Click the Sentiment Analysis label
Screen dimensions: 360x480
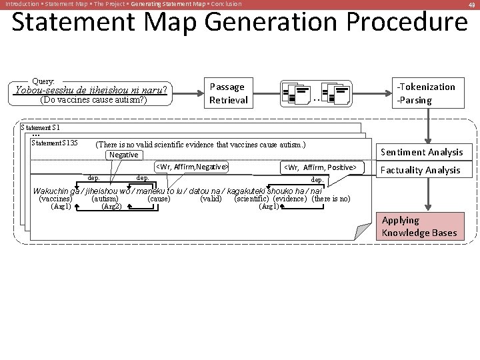[421, 152]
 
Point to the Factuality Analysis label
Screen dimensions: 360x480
[420, 170]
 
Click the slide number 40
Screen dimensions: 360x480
[471, 5]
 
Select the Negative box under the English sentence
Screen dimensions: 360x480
[124, 155]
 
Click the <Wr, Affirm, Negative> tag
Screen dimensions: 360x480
[192, 167]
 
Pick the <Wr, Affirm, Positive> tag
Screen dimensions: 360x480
[320, 167]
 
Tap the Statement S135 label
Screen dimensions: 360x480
[55, 143]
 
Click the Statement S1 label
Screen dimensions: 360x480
[41, 127]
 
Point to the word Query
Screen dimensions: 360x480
[43, 80]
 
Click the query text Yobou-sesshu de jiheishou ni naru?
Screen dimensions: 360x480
[91, 90]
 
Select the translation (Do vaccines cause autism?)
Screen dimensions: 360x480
[93, 101]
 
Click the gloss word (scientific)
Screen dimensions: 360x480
[252, 199]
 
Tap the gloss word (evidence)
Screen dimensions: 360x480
[290, 199]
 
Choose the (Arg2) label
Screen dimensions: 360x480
[111, 207]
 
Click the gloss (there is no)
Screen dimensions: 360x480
[331, 199]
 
